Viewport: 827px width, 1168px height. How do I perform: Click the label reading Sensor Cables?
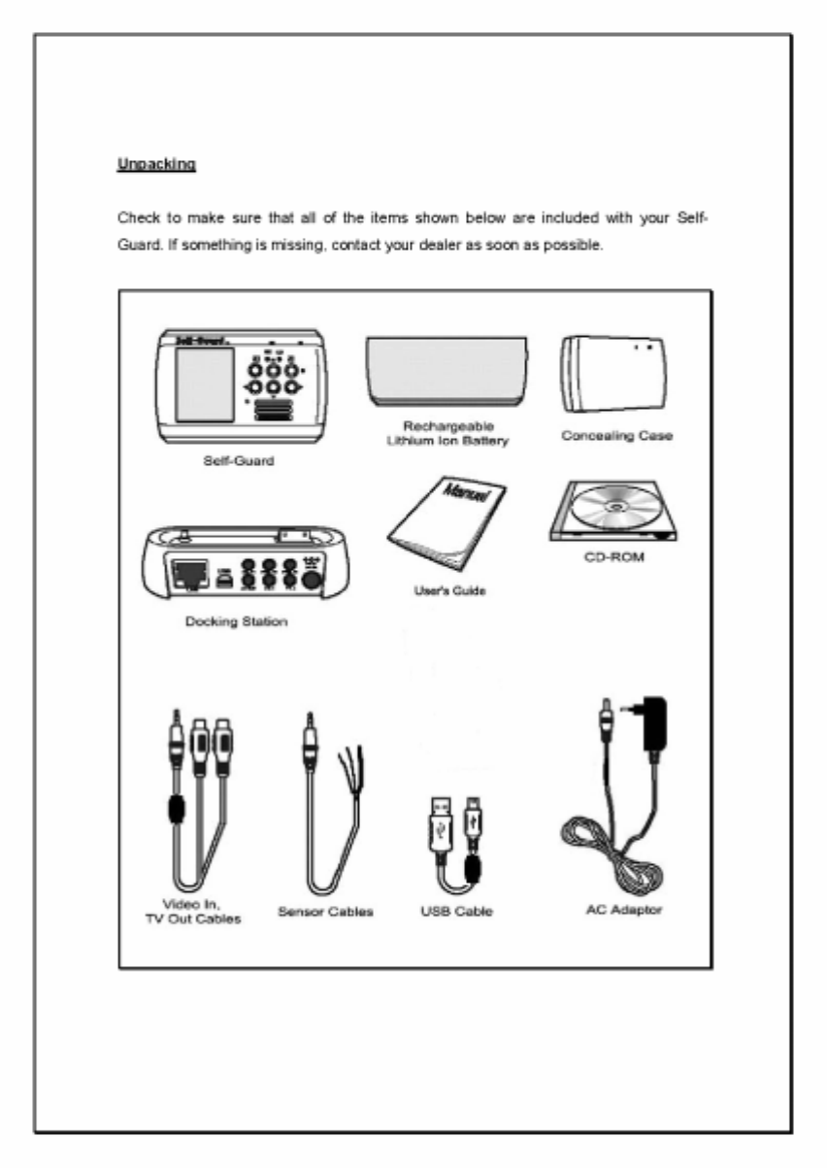[325, 913]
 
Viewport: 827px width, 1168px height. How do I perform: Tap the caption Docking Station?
[236, 621]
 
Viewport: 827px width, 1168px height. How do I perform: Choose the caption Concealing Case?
[617, 436]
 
